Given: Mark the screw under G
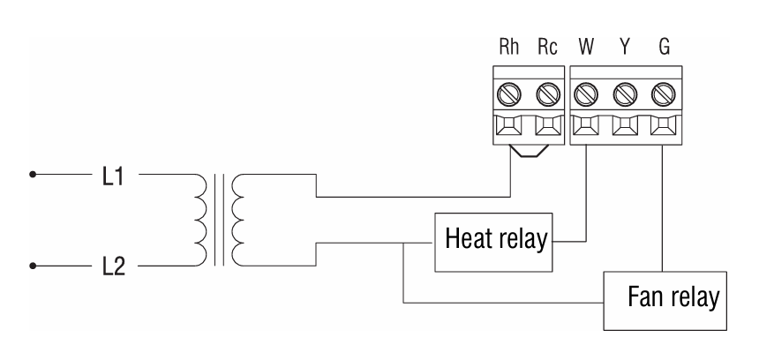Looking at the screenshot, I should pos(663,91).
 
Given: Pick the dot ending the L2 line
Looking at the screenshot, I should pos(34,264).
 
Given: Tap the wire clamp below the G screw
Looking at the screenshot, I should pos(663,129).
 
